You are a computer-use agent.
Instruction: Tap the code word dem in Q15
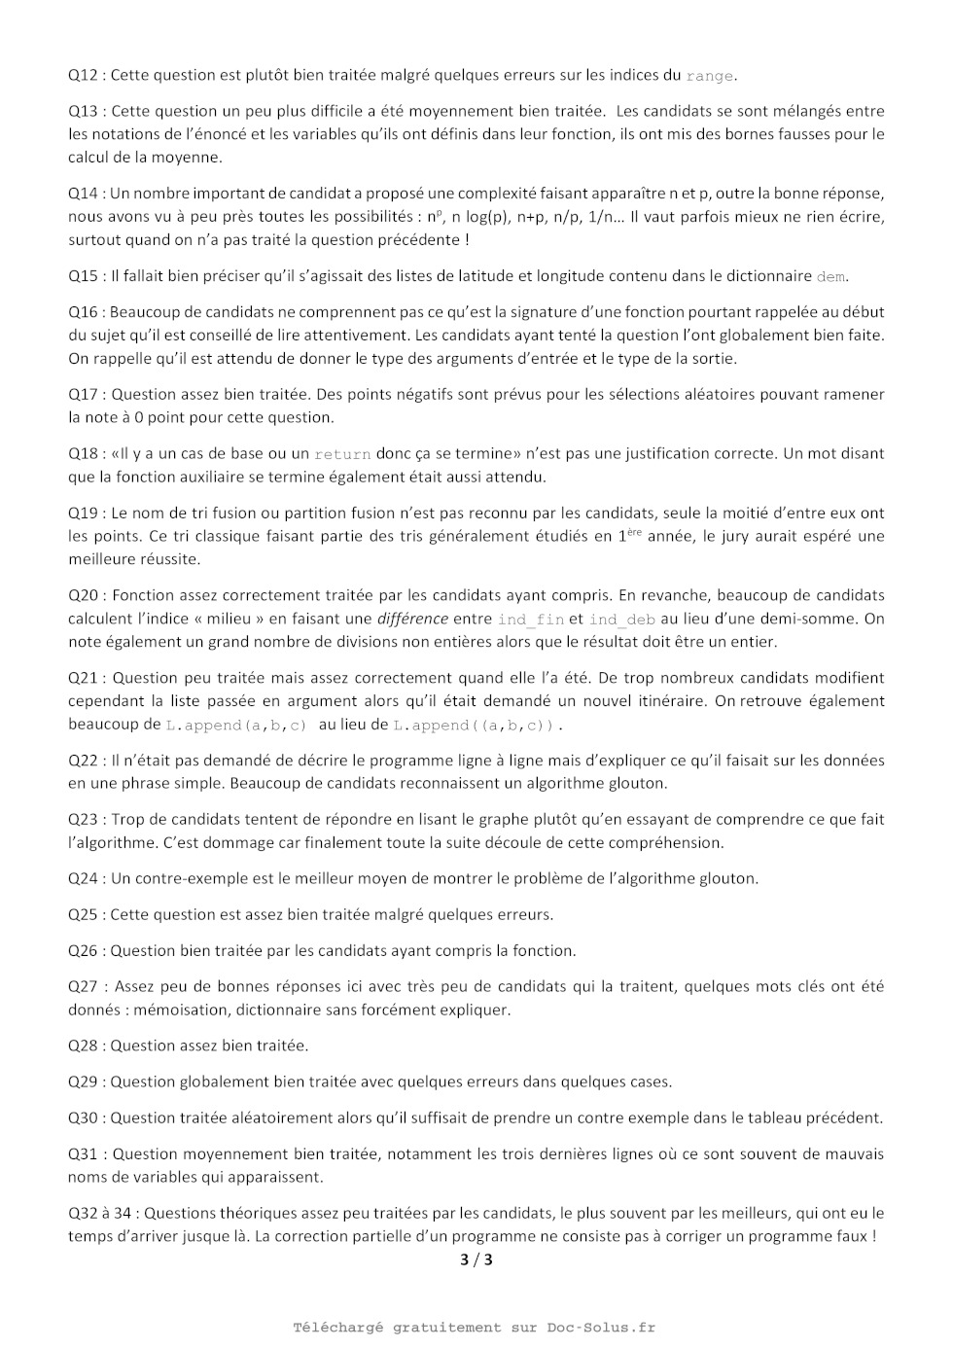(x=830, y=276)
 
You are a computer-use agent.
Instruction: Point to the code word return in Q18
(x=342, y=454)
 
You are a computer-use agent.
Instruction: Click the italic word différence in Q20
(x=412, y=619)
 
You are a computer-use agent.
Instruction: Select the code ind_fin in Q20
(x=531, y=620)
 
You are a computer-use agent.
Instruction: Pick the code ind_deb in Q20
(x=622, y=620)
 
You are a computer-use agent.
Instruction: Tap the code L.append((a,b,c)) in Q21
(x=476, y=726)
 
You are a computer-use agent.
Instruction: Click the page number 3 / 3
(x=476, y=1260)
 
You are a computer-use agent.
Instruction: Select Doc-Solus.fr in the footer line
(x=601, y=1328)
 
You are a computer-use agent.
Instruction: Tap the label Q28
(x=84, y=1046)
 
